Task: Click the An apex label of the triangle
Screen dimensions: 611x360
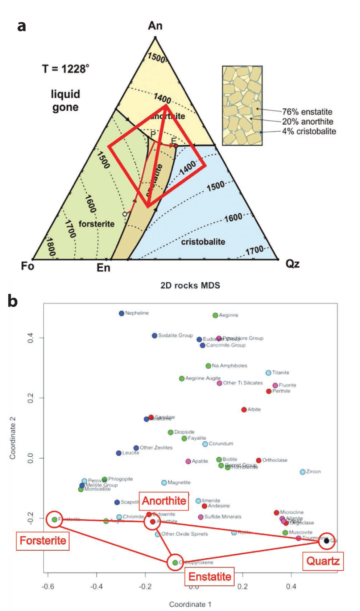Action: tap(155, 26)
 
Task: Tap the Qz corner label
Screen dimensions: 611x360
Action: tap(292, 263)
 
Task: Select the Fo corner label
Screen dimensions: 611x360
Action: tap(28, 266)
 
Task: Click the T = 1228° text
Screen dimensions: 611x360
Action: tap(66, 69)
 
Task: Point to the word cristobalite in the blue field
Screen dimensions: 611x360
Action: tap(203, 242)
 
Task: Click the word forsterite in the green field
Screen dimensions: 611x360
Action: tap(96, 224)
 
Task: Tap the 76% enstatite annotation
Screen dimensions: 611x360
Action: tap(307, 112)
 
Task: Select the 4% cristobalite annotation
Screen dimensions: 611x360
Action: tap(309, 131)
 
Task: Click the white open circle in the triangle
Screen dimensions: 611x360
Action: tap(125, 214)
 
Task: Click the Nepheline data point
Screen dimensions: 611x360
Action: tap(121, 313)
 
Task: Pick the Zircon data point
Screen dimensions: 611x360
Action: tap(302, 472)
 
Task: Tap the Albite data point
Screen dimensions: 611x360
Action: tap(244, 410)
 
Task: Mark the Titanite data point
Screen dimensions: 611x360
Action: tap(268, 373)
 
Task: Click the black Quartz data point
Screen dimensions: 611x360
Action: tap(326, 541)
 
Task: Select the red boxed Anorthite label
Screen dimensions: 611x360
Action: tap(164, 501)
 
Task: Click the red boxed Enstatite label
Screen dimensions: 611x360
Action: tap(210, 577)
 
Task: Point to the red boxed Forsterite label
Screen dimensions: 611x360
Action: tap(43, 541)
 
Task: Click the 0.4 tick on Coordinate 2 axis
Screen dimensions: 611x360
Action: tap(30, 338)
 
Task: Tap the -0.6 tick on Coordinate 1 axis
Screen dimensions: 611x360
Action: tap(48, 587)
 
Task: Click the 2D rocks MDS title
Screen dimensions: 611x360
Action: tap(190, 286)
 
